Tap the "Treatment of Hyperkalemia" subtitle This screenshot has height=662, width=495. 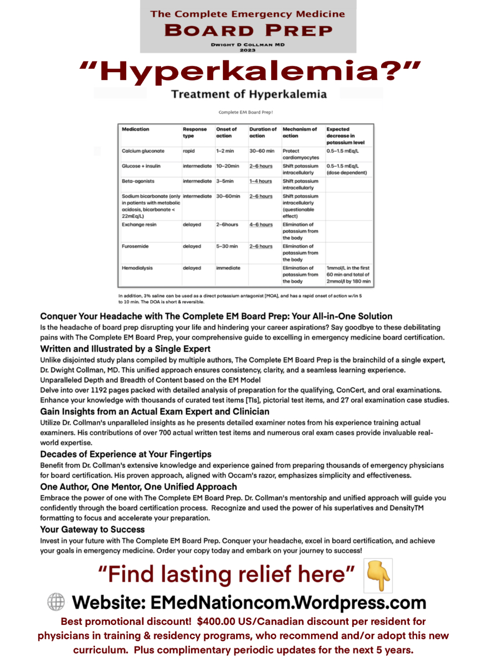tap(249, 94)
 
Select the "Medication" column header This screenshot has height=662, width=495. tap(136, 129)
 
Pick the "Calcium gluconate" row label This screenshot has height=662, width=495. tap(143, 151)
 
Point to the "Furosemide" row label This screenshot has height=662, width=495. tap(136, 246)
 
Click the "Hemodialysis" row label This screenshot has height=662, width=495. tap(137, 268)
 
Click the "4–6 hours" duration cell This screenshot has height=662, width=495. tap(261, 225)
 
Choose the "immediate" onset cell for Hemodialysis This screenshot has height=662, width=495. tap(228, 268)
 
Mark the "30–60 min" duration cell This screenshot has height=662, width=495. tap(262, 151)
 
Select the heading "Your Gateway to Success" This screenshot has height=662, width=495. tap(92, 529)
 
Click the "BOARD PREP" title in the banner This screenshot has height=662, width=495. tap(248, 31)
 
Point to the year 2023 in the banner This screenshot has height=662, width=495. tap(248, 50)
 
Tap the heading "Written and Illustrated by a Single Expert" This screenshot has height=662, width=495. tap(125, 349)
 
